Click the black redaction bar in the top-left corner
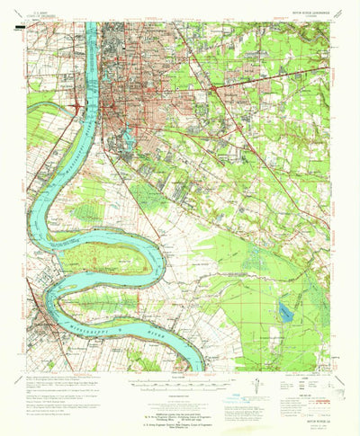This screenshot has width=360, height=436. [17, 28]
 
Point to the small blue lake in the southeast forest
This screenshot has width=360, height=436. [285, 311]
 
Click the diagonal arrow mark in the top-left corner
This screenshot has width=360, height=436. [11, 20]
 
